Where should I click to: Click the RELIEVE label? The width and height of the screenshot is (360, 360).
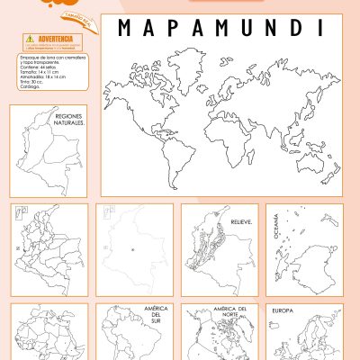[x=240, y=220]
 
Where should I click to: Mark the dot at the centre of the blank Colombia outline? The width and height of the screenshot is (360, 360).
[x=131, y=249]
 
